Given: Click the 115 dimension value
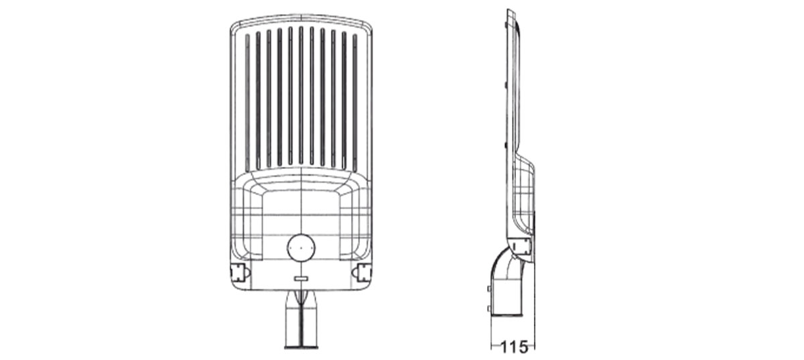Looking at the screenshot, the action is coord(514,347).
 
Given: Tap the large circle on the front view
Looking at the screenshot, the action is coord(301,248).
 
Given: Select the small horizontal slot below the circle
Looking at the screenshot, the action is coord(301,278).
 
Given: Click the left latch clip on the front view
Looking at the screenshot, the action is coord(239,273).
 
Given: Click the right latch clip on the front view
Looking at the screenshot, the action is coord(362,273).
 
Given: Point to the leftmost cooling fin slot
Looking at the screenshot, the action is coord(247,103).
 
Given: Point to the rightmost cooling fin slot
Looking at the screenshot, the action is coord(355,103).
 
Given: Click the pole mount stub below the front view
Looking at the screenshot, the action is coord(301,319).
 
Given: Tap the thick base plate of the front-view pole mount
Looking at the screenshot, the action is coord(301,347).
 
